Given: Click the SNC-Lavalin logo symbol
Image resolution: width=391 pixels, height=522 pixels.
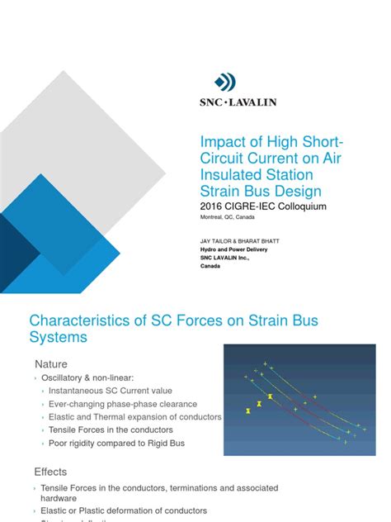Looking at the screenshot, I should pyautogui.click(x=225, y=82).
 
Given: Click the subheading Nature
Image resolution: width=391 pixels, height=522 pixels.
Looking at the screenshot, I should pyautogui.click(x=51, y=363).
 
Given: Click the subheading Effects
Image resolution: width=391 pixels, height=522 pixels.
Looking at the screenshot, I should pyautogui.click(x=51, y=472).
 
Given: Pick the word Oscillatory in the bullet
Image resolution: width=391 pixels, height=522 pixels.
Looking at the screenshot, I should pyautogui.click(x=71, y=377).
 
